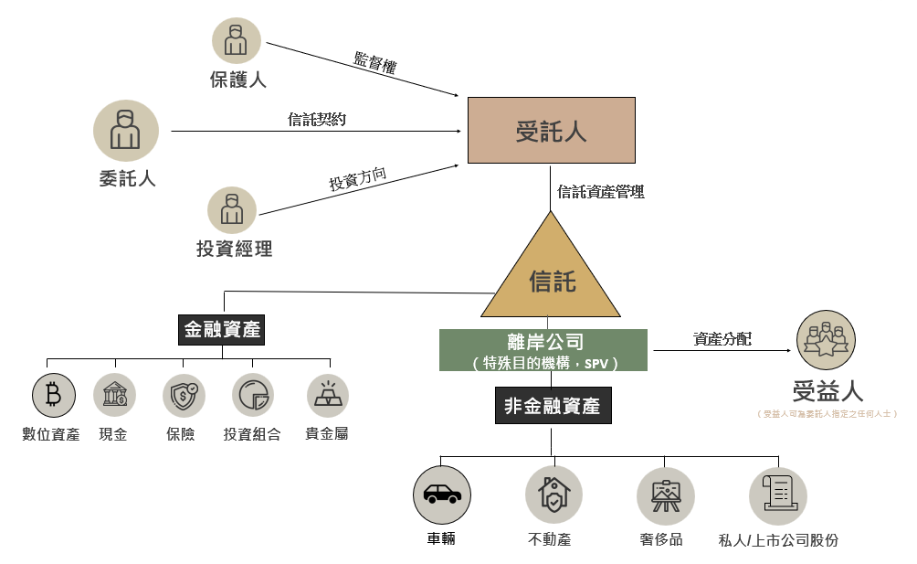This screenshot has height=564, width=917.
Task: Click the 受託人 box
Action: [x=551, y=131]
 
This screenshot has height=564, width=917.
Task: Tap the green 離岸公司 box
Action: [x=543, y=350]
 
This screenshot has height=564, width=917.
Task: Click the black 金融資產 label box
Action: [x=222, y=329]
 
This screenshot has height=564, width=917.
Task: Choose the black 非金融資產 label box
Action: [x=553, y=405]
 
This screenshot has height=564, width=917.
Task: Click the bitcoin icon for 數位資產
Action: [x=53, y=395]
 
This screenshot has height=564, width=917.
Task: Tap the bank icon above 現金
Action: [x=114, y=395]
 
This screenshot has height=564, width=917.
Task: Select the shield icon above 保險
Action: [x=184, y=395]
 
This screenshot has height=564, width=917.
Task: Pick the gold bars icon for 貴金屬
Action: [x=327, y=395]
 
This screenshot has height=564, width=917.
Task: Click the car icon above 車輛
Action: [x=442, y=495]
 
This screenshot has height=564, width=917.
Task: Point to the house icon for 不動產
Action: [x=553, y=495]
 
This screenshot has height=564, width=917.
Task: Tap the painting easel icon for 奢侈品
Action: [x=665, y=495]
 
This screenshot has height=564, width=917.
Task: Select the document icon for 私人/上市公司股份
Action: [x=778, y=495]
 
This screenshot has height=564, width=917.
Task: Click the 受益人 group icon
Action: [x=826, y=340]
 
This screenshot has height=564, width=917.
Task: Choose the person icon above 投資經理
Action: [x=232, y=209]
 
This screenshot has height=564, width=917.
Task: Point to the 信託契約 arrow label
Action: [x=317, y=119]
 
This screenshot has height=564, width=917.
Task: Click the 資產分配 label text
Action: [x=722, y=338]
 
